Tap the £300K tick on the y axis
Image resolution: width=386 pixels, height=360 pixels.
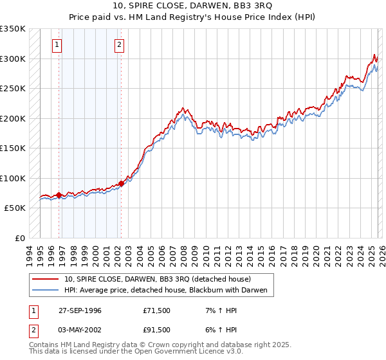tap(13, 59)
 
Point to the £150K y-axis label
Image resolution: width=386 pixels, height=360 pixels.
tap(13, 148)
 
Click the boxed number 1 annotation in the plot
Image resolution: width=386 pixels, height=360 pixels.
tap(58, 45)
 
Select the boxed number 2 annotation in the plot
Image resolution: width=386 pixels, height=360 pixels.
tap(120, 45)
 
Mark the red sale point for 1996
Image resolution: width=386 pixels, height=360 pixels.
tap(59, 195)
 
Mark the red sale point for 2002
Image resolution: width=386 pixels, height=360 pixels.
tap(121, 183)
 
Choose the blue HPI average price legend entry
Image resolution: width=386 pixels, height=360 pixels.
tap(169, 291)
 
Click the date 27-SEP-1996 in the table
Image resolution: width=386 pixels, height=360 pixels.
tap(80, 310)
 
